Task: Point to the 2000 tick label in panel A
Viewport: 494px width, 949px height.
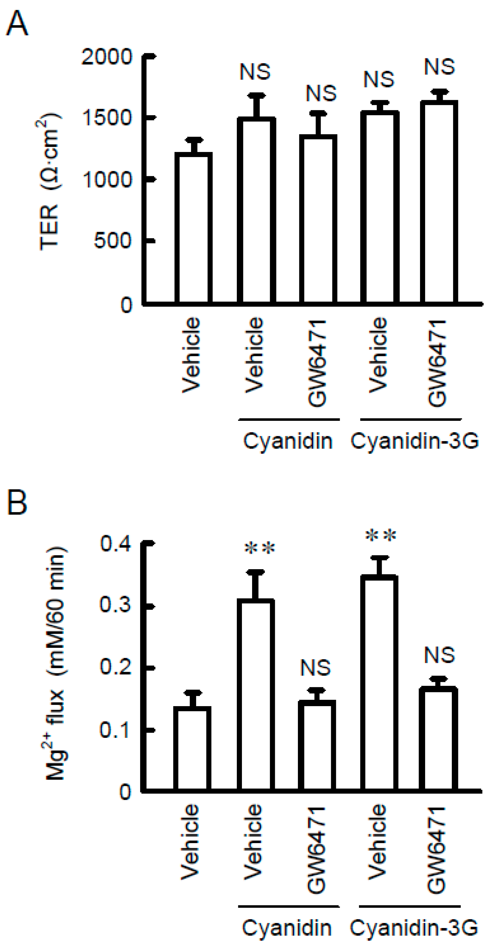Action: tap(107, 57)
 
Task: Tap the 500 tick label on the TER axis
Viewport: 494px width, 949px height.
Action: tap(113, 241)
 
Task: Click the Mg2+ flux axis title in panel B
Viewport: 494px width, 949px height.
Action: tap(55, 663)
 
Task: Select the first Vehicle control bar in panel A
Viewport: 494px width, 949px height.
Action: tap(193, 229)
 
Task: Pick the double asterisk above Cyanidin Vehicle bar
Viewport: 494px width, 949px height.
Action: tap(260, 549)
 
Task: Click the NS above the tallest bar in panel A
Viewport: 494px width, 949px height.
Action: tap(439, 67)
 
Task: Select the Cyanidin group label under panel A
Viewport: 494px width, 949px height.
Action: tap(287, 441)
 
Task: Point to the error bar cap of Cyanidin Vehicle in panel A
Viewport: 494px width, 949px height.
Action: tap(256, 96)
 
